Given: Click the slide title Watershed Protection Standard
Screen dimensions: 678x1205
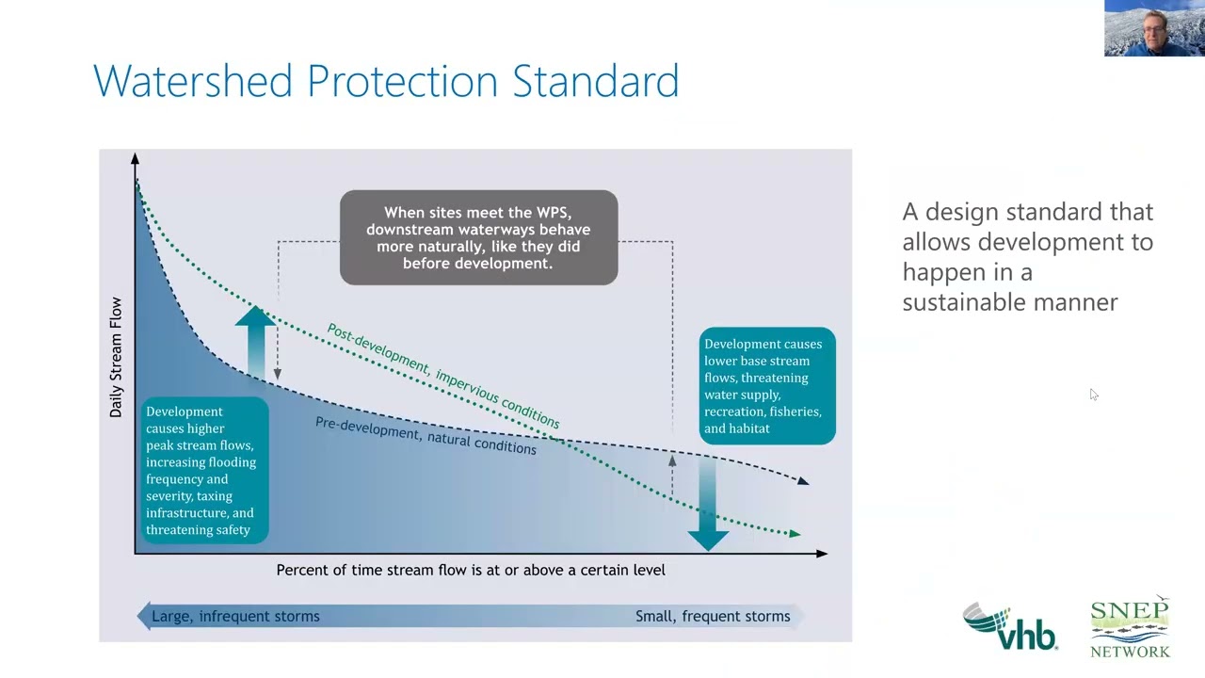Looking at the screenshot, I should point(386,81).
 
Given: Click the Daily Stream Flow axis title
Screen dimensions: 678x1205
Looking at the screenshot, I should point(116,358).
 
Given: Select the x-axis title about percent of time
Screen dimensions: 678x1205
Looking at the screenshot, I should point(471,570).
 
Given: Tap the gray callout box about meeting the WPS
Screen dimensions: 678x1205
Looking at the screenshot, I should point(478,238).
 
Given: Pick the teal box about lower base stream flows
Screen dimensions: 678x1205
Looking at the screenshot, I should point(766,386).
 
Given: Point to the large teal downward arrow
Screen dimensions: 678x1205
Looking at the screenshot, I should point(707,508).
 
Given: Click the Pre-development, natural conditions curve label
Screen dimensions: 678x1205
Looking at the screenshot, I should point(426,436).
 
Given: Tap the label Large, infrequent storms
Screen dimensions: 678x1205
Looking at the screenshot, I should point(235,617).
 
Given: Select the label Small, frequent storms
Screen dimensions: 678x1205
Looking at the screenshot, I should point(713,617).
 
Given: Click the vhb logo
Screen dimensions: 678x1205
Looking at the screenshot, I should point(1009,626).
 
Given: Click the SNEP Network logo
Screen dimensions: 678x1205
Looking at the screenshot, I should point(1130,626).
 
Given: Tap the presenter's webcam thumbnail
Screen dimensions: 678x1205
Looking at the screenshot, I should point(1153,28).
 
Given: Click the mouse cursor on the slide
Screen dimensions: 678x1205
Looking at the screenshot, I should point(1093,394).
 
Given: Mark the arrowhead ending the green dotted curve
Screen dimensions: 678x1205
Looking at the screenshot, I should point(795,534).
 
